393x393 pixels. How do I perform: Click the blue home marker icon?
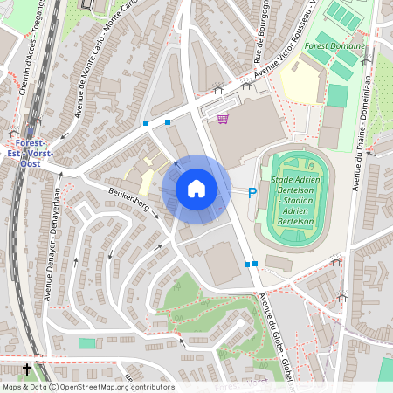click(x=196, y=189)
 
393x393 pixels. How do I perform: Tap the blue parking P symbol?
click(x=253, y=193)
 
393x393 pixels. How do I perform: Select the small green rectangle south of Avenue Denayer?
click(x=86, y=343)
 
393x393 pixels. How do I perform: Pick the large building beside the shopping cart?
click(x=248, y=135)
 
